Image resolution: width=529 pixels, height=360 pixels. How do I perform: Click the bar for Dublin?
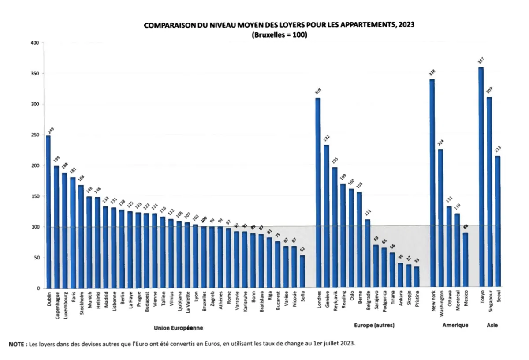pyautogui.click(x=48, y=212)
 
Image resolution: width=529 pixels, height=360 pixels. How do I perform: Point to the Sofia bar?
pyautogui.click(x=302, y=272)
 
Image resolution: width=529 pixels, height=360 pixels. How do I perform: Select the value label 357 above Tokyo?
pyautogui.click(x=481, y=61)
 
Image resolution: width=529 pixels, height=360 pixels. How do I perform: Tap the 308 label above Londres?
pyautogui.click(x=318, y=92)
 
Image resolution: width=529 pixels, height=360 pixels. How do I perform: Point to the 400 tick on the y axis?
pyautogui.click(x=35, y=43)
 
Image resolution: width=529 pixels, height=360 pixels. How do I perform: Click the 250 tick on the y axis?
pyautogui.click(x=35, y=135)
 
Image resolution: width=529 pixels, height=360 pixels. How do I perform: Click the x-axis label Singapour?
pyautogui.click(x=489, y=304)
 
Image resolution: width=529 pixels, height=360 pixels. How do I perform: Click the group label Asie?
pyautogui.click(x=492, y=325)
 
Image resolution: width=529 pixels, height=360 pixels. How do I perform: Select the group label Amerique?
pyautogui.click(x=455, y=325)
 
